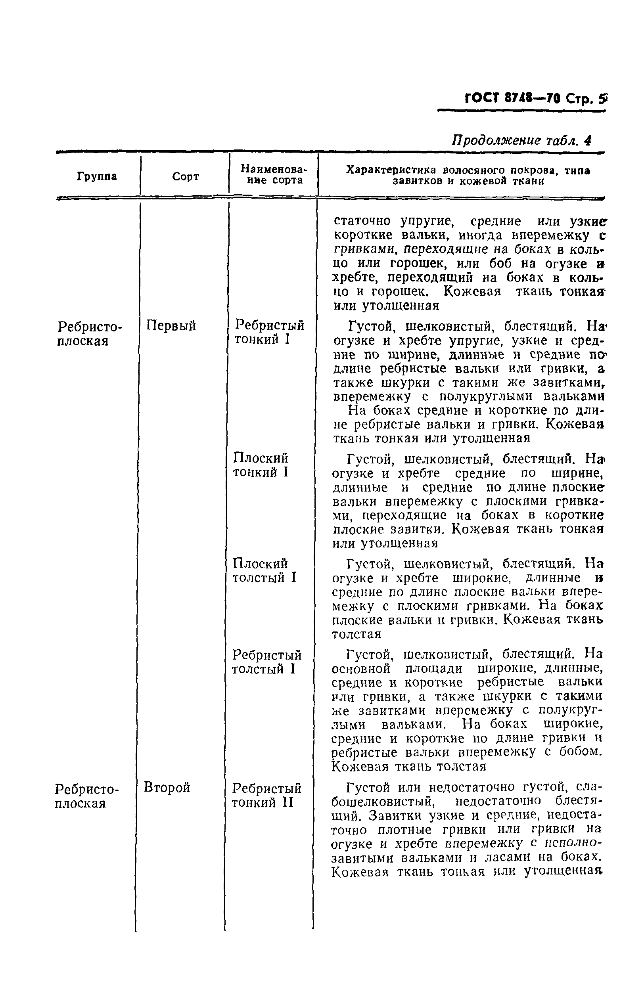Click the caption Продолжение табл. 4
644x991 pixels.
click(x=521, y=140)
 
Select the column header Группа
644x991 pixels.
click(x=97, y=176)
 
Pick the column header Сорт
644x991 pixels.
click(x=185, y=176)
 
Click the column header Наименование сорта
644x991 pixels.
click(x=273, y=175)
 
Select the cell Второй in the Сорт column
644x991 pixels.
click(x=167, y=787)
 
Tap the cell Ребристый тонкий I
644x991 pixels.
click(x=269, y=332)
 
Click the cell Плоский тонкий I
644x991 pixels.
click(x=261, y=465)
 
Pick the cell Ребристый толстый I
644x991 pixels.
click(x=266, y=662)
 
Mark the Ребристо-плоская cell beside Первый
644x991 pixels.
click(x=89, y=334)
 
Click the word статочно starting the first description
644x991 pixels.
click(x=362, y=221)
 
